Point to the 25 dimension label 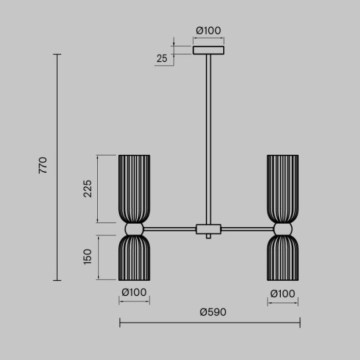[x=161, y=59]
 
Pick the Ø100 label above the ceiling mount [x=208, y=30]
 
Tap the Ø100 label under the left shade [x=134, y=293]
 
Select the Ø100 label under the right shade [x=283, y=294]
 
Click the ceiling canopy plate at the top [x=208, y=50]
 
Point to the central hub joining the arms [x=208, y=229]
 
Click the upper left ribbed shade [x=134, y=188]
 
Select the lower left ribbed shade [x=134, y=258]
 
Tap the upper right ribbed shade [x=283, y=188]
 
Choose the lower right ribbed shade [x=283, y=258]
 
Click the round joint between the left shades [x=134, y=229]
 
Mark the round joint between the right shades [x=283, y=229]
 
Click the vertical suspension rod [x=208, y=139]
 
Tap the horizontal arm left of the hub [x=170, y=229]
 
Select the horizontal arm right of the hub [x=247, y=229]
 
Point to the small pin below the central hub [x=208, y=237]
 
